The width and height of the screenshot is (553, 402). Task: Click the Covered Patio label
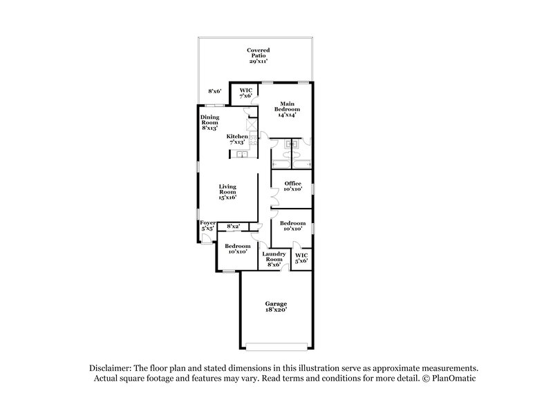(x=259, y=55)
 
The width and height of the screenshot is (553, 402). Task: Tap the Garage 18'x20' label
(x=276, y=307)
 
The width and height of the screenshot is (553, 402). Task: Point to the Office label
(x=292, y=186)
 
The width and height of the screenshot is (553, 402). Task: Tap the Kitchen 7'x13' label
(x=237, y=139)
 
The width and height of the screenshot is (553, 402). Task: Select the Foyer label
(x=207, y=225)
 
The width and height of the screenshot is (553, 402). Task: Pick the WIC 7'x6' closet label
(x=245, y=93)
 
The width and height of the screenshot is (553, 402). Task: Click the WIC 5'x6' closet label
(x=301, y=258)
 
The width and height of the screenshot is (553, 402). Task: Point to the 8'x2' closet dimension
(x=233, y=226)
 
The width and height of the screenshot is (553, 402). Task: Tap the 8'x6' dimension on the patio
(x=216, y=91)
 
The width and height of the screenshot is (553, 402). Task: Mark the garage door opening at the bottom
(x=276, y=345)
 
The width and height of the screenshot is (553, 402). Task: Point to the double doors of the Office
(x=272, y=197)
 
